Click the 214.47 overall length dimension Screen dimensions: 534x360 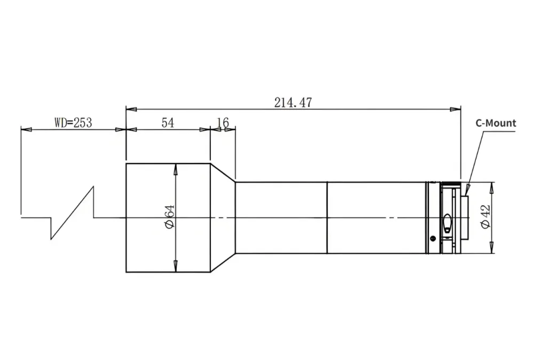click(293, 103)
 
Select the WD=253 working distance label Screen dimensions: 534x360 click(73, 123)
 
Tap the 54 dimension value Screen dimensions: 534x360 click(168, 123)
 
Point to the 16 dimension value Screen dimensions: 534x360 click(223, 123)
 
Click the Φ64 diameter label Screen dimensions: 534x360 click(169, 217)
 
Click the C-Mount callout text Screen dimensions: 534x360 click(496, 123)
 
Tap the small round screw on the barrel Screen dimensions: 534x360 click(433, 238)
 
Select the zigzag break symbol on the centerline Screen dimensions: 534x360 click(72, 213)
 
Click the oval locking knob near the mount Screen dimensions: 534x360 click(447, 223)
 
